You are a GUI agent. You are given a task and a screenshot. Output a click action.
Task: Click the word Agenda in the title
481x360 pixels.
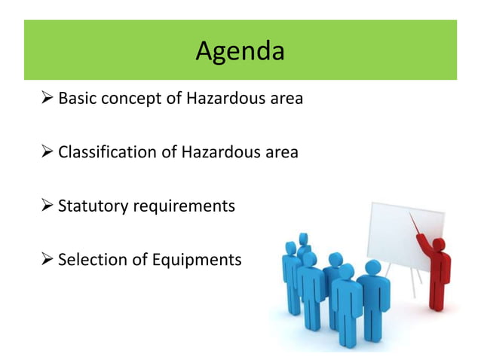240,51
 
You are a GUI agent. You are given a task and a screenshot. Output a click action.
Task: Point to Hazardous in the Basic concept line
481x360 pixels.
219,99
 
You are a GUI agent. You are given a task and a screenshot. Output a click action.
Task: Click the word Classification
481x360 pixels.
107,152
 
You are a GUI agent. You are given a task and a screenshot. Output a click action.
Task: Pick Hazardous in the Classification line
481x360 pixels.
218,152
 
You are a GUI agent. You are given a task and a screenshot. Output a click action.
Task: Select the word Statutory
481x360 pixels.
91,206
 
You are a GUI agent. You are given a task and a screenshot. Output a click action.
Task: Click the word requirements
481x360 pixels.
183,206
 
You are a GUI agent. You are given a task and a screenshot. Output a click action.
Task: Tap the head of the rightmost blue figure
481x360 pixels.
372,268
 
